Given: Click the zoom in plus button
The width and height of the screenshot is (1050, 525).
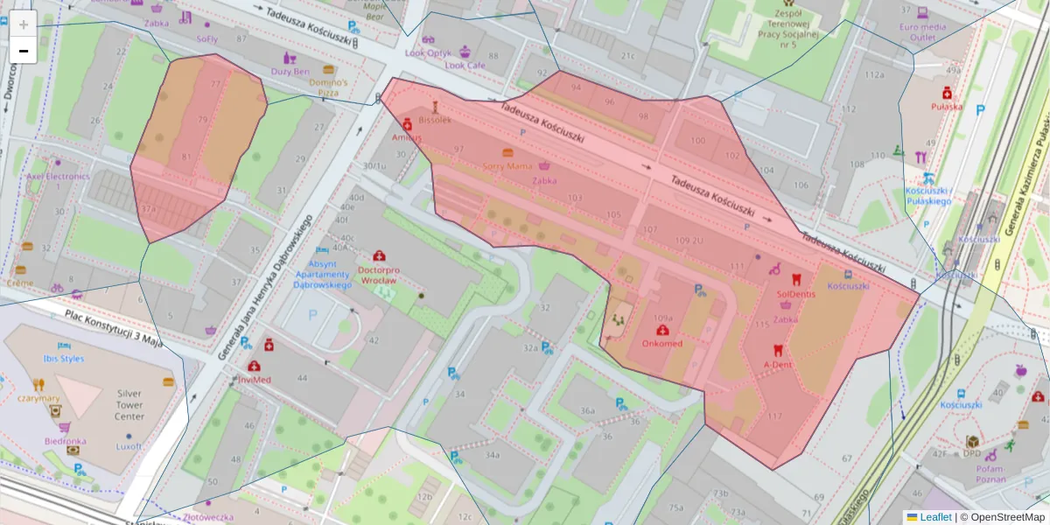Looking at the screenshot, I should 24,24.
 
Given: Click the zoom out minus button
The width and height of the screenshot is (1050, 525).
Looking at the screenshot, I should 24,51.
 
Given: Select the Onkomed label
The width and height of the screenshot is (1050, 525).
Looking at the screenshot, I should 662,344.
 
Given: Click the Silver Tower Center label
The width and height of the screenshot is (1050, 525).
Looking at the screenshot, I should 129,405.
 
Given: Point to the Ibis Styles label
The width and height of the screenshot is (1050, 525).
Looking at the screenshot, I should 63,359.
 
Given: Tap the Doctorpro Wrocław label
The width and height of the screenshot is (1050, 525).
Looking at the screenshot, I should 365,276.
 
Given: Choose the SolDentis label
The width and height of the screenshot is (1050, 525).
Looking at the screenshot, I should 796,295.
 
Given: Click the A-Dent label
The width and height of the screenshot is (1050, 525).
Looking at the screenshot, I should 778,363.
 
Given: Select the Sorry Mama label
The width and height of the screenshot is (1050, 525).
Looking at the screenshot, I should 507,165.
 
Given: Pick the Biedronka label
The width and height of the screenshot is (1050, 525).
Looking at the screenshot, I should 66,441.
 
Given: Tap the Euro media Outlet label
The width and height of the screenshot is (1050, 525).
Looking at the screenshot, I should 922,31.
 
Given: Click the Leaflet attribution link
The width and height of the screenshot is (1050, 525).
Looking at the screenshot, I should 934,517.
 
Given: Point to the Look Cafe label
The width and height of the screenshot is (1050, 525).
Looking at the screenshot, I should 465,65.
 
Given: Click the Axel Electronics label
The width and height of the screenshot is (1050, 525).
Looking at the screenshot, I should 58,177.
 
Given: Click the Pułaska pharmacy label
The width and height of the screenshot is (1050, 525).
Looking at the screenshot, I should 947,107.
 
